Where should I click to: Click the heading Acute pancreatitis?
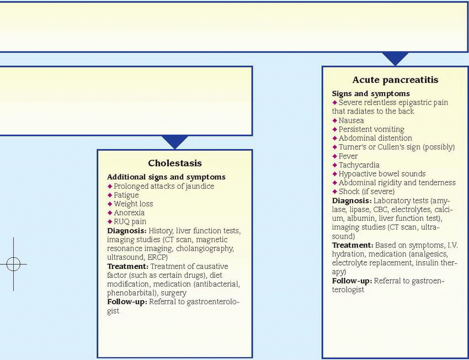point(395,80)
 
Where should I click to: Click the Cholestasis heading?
point(175,163)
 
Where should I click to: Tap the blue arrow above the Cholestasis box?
point(175,142)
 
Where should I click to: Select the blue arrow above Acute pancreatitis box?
point(395,59)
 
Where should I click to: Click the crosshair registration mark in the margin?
point(14,264)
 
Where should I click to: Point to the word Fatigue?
point(126,195)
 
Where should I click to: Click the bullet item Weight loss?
point(134,204)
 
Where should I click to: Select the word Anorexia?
point(129,213)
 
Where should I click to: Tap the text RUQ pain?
point(130,221)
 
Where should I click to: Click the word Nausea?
point(351,120)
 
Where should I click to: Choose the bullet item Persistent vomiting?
point(371,129)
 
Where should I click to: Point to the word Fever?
point(348,156)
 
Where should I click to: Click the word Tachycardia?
point(360,165)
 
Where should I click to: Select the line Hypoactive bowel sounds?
point(382,173)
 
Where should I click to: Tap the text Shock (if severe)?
point(366,191)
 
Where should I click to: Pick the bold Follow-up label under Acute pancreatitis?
point(351,280)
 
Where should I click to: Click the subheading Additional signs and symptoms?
point(166,177)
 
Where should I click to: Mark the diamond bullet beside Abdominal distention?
point(334,138)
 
